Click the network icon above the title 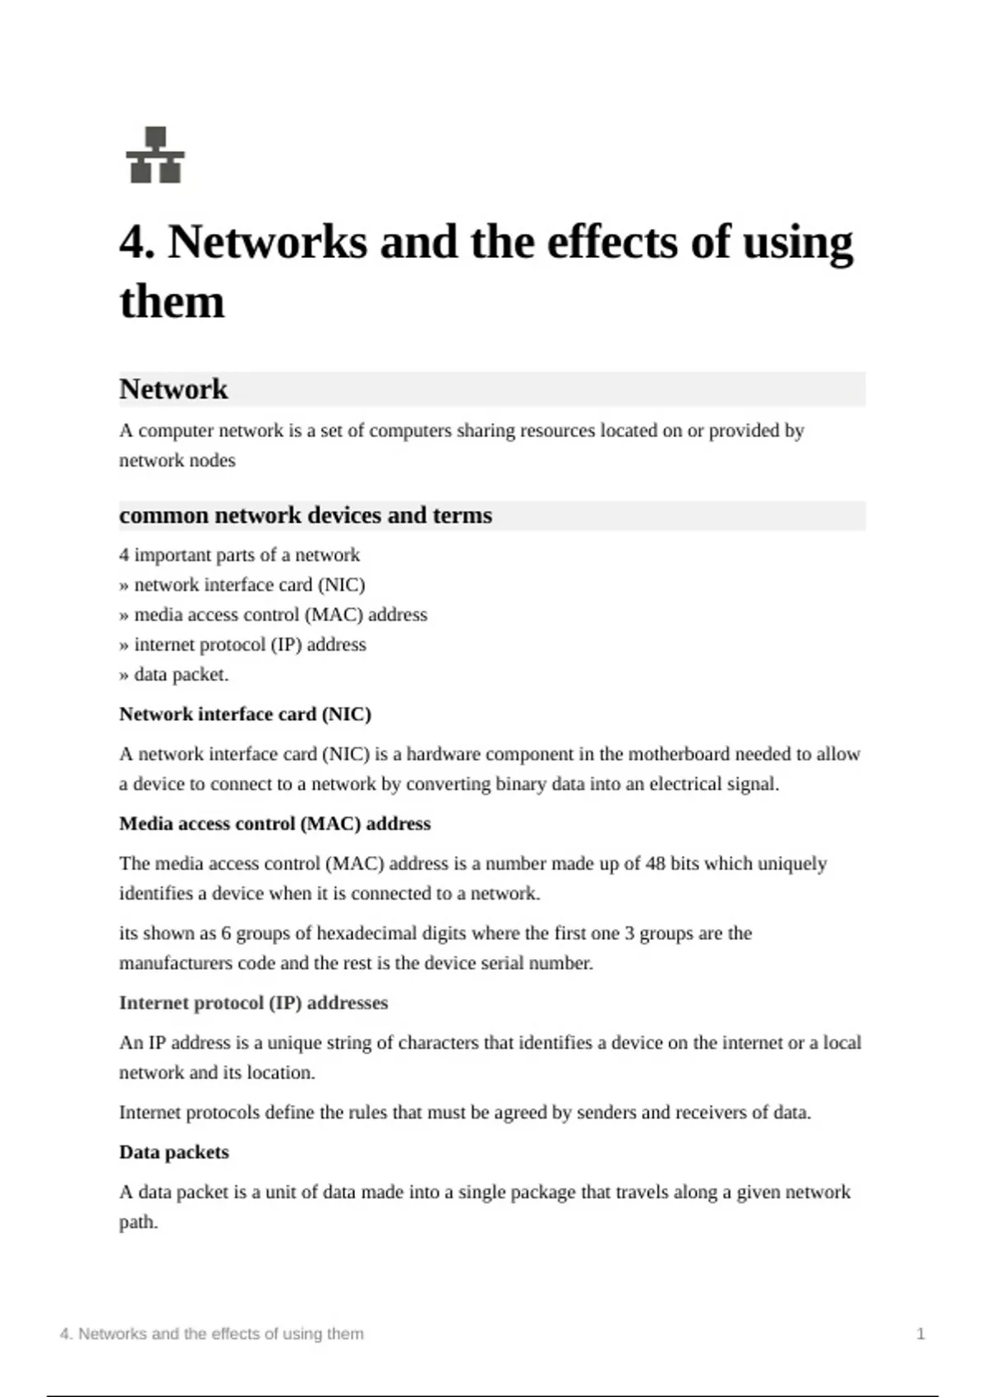point(155,154)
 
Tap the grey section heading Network point(173,389)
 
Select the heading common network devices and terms point(306,515)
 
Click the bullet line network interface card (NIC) point(242,585)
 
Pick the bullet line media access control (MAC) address point(274,615)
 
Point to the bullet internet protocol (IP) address point(243,644)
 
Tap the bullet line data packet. point(174,675)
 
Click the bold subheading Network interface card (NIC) point(245,714)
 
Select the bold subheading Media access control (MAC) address point(274,823)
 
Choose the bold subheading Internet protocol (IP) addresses point(253,1003)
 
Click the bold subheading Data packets point(174,1152)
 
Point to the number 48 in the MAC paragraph point(655,864)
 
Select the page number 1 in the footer point(920,1334)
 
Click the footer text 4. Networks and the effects point(211,1334)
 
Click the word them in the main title point(172,302)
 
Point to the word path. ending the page point(138,1222)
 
